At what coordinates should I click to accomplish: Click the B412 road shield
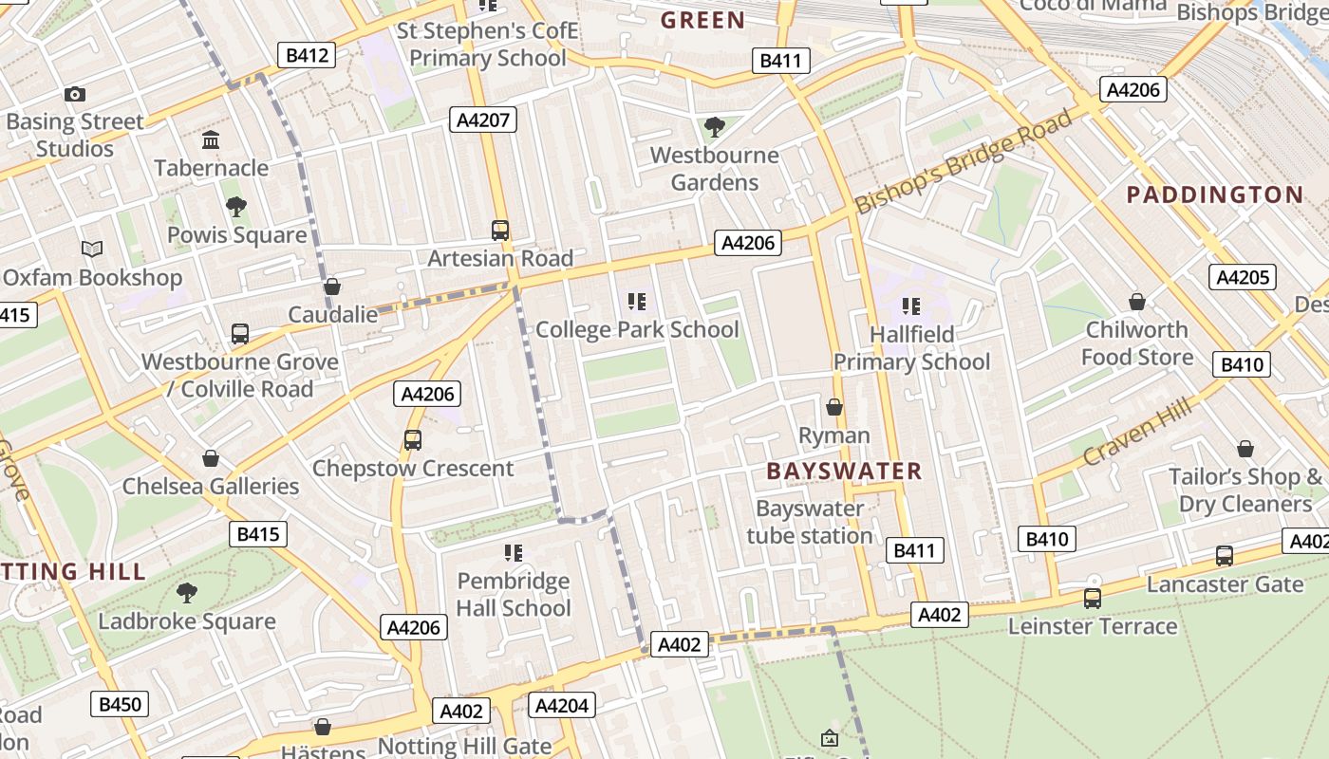[x=307, y=55]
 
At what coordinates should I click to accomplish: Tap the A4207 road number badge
[x=483, y=120]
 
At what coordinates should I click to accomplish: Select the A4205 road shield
[x=1242, y=277]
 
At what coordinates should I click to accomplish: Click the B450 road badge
[x=120, y=704]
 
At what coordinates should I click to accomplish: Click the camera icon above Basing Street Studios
[x=75, y=94]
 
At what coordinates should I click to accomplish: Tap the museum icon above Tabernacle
[x=211, y=140]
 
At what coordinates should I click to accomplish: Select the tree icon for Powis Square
[x=236, y=207]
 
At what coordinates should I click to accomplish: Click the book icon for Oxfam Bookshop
[x=92, y=250]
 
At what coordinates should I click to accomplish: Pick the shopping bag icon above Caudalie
[x=332, y=287]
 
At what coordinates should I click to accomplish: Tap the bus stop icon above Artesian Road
[x=500, y=230]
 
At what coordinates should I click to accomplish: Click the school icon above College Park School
[x=637, y=302]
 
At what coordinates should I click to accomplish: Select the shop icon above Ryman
[x=834, y=407]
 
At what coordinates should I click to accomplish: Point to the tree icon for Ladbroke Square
[x=187, y=593]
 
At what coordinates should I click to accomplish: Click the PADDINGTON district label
[x=1214, y=195]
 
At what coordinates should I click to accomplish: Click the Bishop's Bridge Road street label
[x=963, y=162]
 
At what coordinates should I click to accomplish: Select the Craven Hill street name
[x=1136, y=433]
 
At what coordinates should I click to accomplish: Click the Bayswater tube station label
[x=810, y=522]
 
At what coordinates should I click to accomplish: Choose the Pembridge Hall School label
[x=514, y=594]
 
